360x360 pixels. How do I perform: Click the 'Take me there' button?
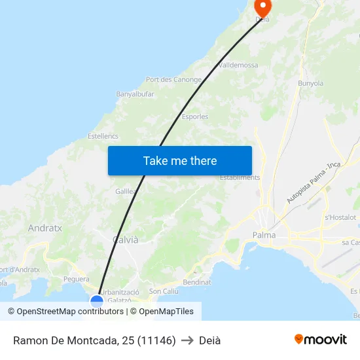pos(180,160)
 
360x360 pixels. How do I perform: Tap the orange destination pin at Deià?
pos(262,9)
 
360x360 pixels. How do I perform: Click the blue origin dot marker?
pos(97,302)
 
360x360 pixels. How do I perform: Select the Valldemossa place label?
pos(238,65)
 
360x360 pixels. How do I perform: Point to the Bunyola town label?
pos(311,84)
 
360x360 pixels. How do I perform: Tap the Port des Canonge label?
pos(173,80)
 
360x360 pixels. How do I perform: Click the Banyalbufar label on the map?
pos(135,94)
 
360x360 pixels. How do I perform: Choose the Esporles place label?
pos(195,117)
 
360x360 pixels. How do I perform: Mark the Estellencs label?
pos(103,136)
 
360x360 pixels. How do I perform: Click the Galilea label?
pos(126,191)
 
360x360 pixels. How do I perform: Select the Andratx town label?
pos(45,228)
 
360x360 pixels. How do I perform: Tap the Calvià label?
pos(126,240)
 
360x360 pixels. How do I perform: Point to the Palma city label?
pos(264,235)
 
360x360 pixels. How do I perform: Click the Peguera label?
pos(77,279)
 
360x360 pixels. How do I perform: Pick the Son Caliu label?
pos(164,291)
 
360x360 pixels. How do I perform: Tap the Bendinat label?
pos(197,283)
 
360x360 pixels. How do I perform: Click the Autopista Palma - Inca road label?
pos(314,183)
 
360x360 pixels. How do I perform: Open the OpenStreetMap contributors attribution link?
pos(67,312)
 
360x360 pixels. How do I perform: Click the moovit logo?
pos(321,339)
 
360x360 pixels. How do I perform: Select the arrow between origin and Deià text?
pos(187,340)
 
